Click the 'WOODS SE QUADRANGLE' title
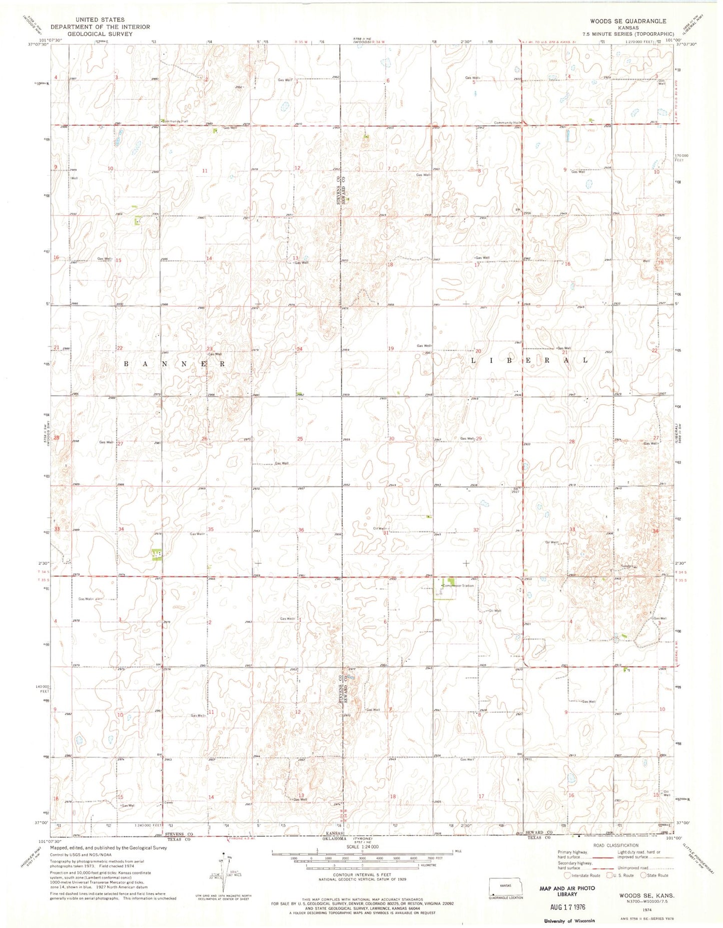(627, 21)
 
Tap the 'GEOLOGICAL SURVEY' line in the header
(101, 34)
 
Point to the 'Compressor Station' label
(458, 585)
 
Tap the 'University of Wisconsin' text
(569, 920)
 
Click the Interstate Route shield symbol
(567, 875)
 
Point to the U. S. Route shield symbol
(610, 875)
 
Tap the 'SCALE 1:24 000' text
(361, 846)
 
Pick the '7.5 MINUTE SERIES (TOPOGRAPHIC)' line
(627, 34)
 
